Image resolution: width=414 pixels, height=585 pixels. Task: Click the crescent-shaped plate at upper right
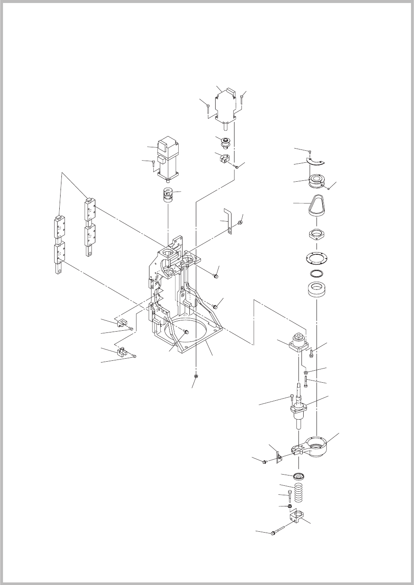pyautogui.click(x=317, y=162)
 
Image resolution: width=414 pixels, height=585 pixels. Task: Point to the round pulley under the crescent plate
pyautogui.click(x=317, y=180)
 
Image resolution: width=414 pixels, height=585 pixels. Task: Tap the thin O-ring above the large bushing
pyautogui.click(x=317, y=273)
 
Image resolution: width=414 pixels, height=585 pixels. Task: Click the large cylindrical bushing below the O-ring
pyautogui.click(x=317, y=290)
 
